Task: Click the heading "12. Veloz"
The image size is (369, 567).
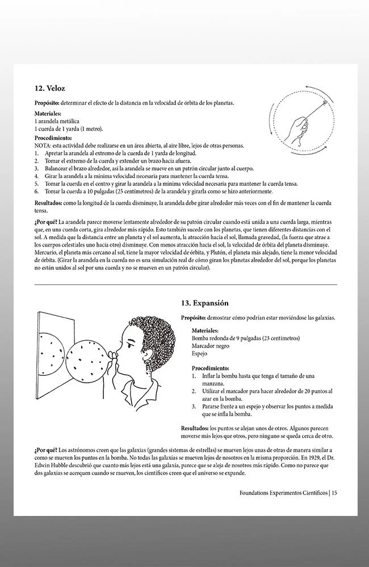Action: pyautogui.click(x=50, y=88)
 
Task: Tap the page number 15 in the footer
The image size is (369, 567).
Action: pyautogui.click(x=335, y=493)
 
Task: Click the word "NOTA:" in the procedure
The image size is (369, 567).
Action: pyautogui.click(x=44, y=146)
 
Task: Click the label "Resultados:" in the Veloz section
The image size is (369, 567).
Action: pyautogui.click(x=51, y=202)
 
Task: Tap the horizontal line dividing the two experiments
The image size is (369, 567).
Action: pyautogui.click(x=185, y=284)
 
